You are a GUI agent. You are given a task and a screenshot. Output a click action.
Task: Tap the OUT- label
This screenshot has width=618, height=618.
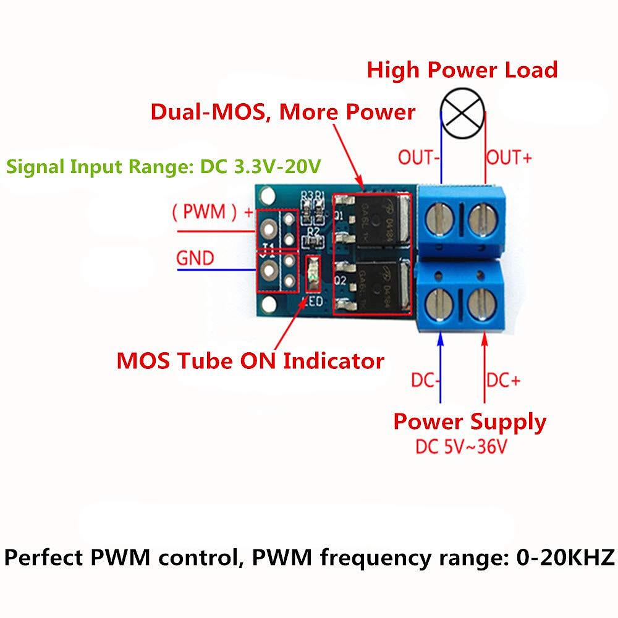pyautogui.click(x=418, y=158)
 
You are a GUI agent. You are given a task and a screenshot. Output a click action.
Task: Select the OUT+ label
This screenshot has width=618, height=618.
pyautogui.click(x=509, y=158)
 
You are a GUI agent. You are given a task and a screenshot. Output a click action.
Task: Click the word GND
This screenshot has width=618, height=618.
pyautogui.click(x=195, y=257)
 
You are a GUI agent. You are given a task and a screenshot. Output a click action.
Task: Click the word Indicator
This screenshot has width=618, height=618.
pyautogui.click(x=332, y=360)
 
